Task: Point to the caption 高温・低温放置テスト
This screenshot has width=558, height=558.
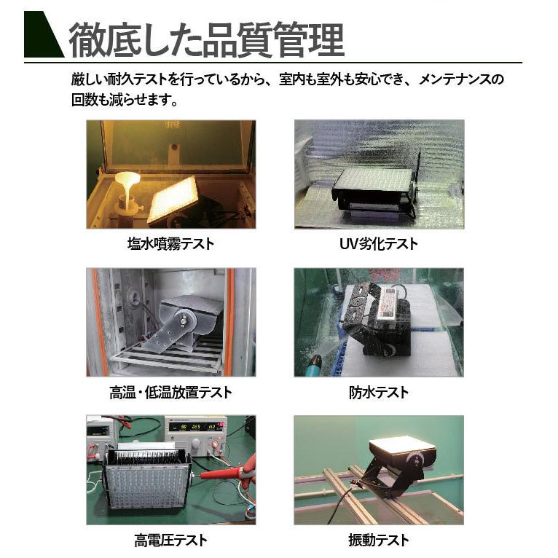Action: [x=170, y=393]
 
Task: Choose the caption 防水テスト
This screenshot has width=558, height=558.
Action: [x=379, y=393]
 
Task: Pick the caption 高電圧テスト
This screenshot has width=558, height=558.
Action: [x=170, y=540]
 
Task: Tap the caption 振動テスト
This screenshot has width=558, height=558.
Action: [x=379, y=540]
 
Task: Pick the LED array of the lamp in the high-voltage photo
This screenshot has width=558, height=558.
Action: [x=146, y=484]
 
